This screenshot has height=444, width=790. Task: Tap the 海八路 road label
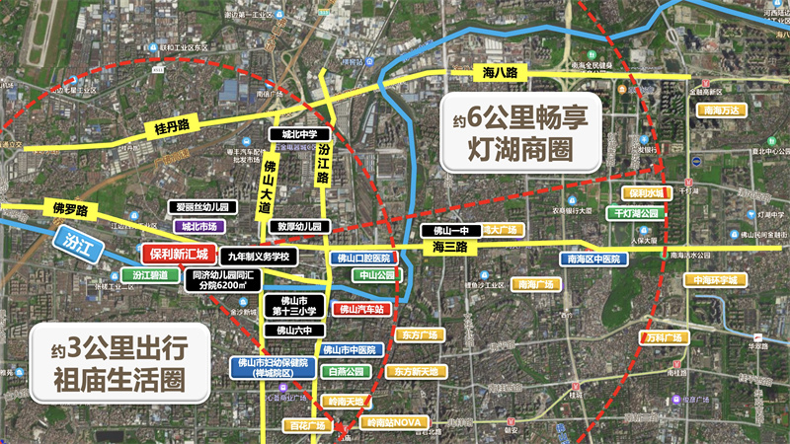pos(502,71)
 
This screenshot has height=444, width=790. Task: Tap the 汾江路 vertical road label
pos(323,165)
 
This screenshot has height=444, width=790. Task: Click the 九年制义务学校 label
pos(259,256)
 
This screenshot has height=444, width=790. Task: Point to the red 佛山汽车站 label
pos(361,309)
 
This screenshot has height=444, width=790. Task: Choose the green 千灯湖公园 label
pos(637,213)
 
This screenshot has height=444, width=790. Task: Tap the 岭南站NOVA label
pos(394,423)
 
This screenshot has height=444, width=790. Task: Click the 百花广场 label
pos(306,425)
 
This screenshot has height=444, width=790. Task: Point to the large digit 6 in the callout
pos(476,118)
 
